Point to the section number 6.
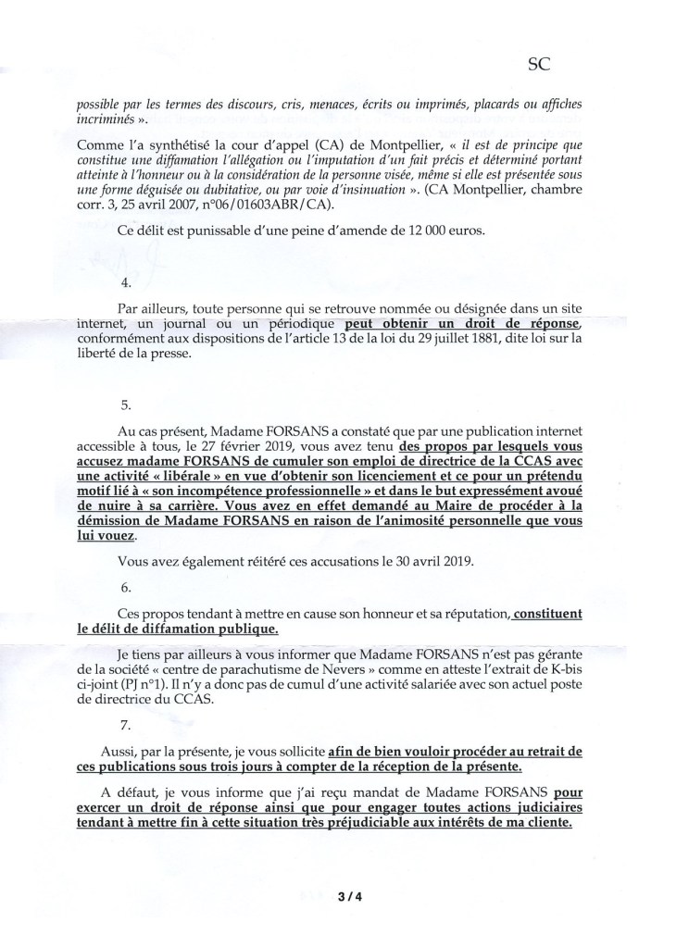click(x=127, y=588)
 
